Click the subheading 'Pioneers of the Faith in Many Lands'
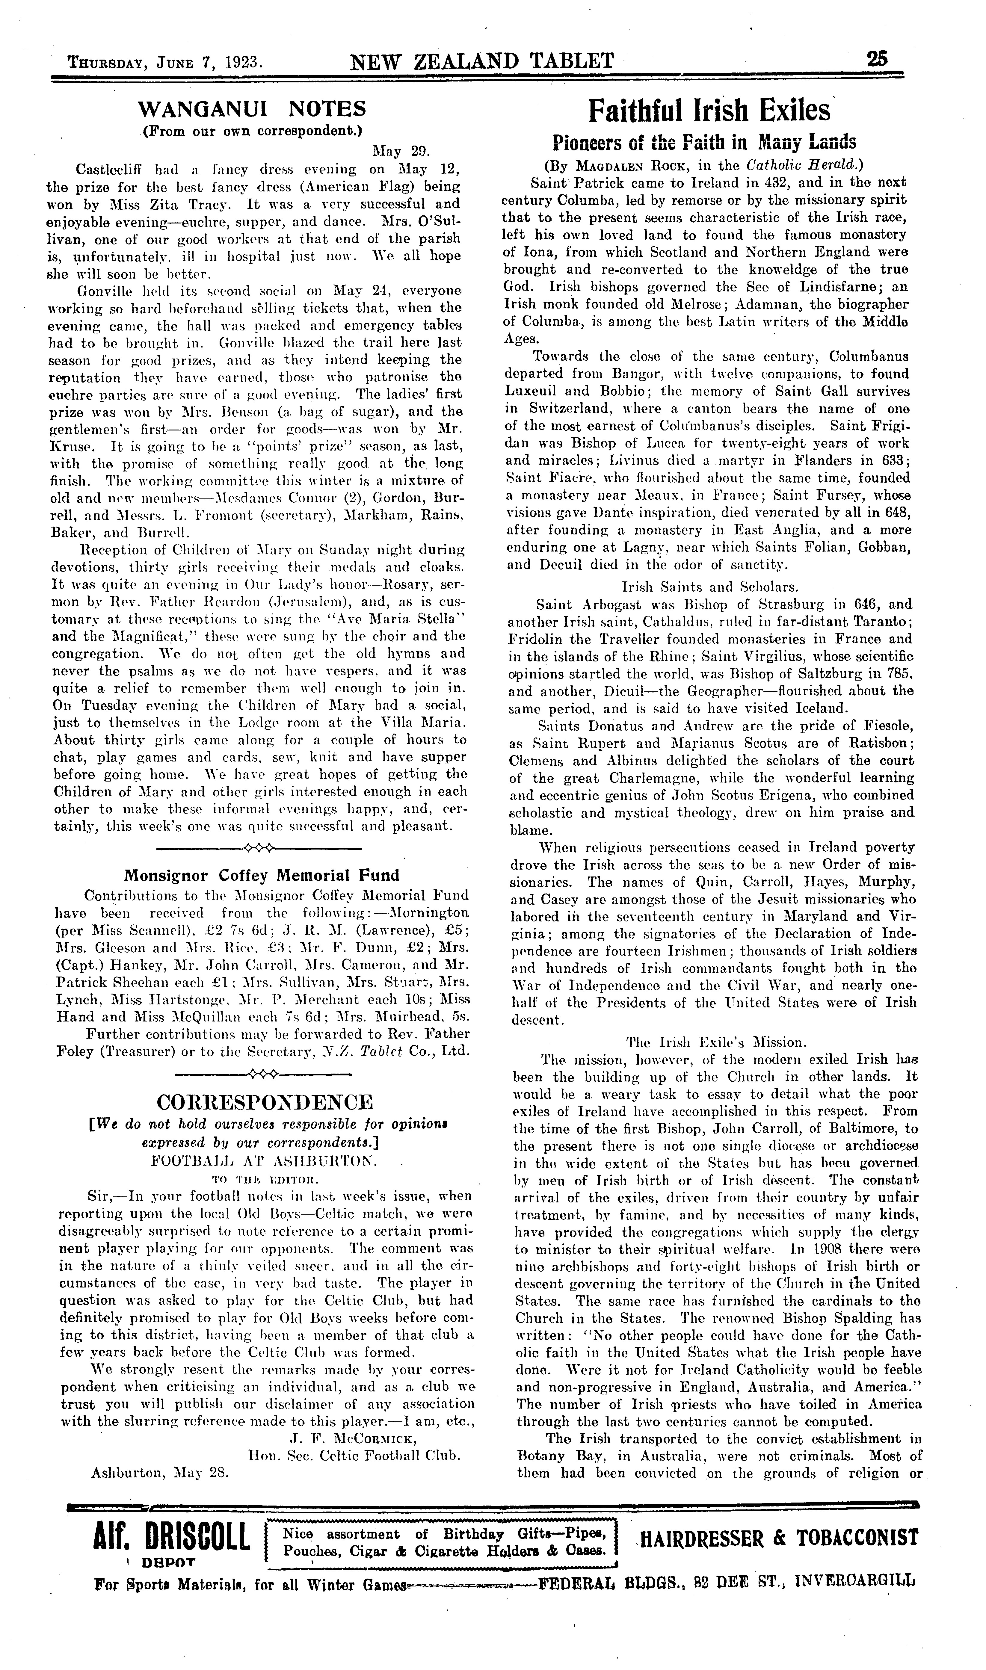(704, 142)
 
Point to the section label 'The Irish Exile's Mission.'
(708, 1042)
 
